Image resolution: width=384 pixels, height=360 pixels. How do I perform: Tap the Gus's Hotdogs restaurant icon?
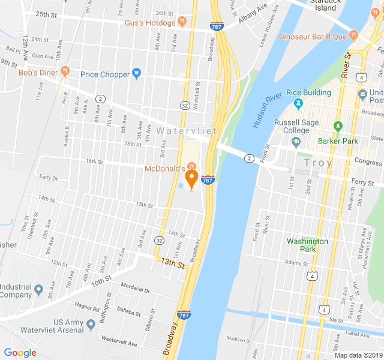click(182, 23)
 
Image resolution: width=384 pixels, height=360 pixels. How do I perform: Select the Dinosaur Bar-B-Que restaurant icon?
click(353, 36)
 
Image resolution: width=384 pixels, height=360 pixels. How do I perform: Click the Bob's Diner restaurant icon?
click(65, 73)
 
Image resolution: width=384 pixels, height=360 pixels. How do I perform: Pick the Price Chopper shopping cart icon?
click(136, 74)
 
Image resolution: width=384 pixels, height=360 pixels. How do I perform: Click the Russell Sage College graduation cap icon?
click(296, 142)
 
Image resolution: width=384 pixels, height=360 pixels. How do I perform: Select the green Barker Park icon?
click(338, 127)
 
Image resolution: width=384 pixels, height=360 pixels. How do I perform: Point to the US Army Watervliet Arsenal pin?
click(91, 325)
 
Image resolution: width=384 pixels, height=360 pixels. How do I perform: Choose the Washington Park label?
click(307, 245)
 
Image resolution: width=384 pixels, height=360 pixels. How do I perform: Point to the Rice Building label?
click(308, 92)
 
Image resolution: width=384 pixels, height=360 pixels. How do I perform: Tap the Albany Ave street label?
click(252, 14)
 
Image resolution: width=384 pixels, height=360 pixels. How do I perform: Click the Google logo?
click(20, 353)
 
